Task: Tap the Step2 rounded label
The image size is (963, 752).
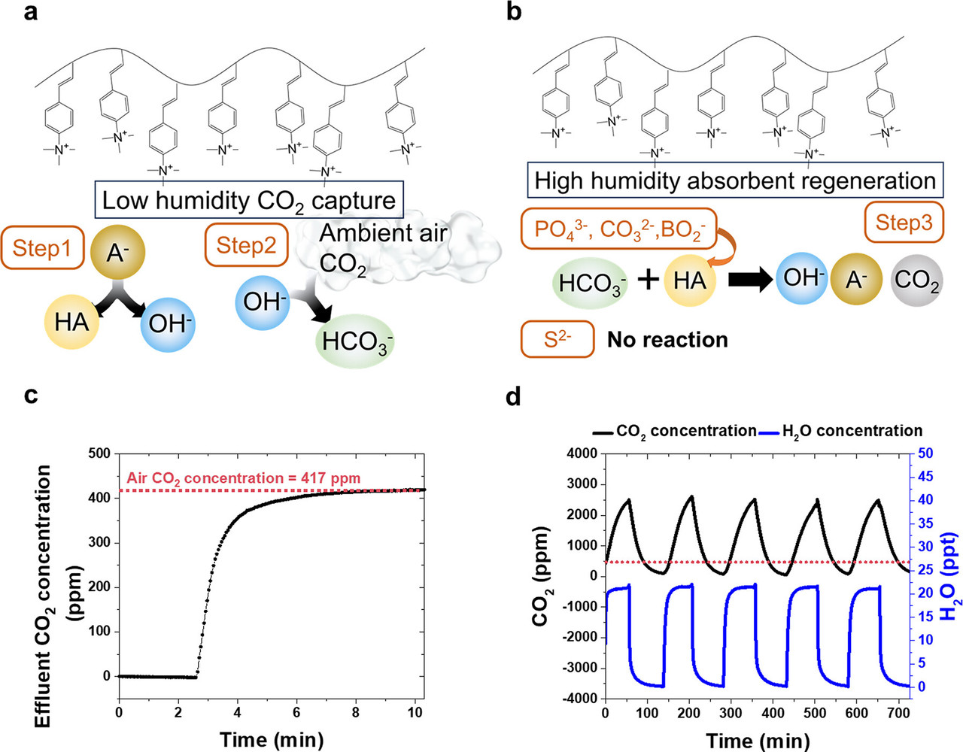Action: (x=246, y=245)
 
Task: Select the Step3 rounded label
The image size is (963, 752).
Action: (x=904, y=222)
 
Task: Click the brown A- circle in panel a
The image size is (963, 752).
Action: (x=115, y=252)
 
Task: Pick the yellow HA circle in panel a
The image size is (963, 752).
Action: (x=72, y=322)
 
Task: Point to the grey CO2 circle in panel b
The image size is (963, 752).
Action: (x=916, y=279)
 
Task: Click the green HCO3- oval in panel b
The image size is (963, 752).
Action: (x=590, y=283)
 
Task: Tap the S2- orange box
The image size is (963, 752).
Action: (x=557, y=339)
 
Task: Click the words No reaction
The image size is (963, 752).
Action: (x=667, y=340)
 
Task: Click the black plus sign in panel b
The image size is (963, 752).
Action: (x=648, y=280)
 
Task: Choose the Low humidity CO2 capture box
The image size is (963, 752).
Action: (x=249, y=200)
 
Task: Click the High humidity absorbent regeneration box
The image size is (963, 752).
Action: (x=734, y=180)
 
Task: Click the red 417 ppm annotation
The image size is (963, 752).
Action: (x=243, y=478)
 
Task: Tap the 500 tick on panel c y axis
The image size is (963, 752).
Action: (x=99, y=453)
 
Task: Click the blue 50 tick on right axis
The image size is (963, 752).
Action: (x=925, y=453)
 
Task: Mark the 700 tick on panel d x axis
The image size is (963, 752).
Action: (x=898, y=712)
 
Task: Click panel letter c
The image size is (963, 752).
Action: (x=30, y=394)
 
